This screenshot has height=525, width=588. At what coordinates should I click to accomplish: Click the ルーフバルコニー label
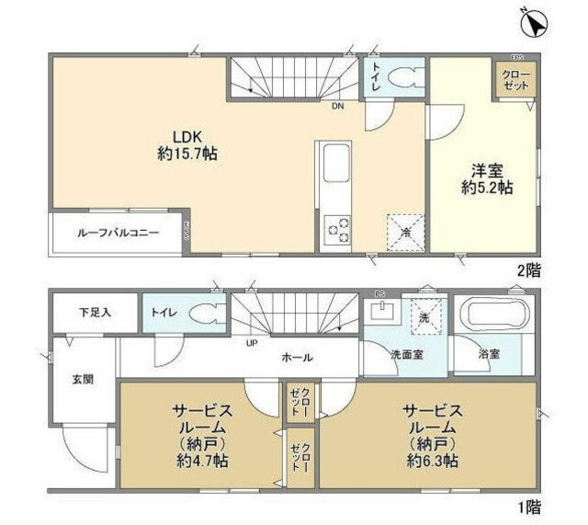coord(119,234)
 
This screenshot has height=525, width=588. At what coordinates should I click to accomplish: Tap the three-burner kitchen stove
coord(337,229)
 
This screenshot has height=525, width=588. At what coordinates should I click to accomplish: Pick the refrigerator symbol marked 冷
coord(404,233)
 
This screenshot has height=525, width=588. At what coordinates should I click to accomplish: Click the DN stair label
coord(338,105)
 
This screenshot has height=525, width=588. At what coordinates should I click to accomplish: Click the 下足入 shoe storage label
coord(94,313)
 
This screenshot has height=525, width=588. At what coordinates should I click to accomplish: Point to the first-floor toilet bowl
coord(204,314)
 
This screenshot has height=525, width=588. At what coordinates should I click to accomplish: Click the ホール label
coord(297,358)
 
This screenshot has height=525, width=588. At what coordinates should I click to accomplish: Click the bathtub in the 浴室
coord(495,316)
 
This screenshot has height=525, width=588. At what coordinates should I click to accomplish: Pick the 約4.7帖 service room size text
coord(201,461)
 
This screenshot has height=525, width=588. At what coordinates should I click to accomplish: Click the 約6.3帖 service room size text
coord(429,461)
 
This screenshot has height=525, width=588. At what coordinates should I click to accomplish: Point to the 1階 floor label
coord(528,505)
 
